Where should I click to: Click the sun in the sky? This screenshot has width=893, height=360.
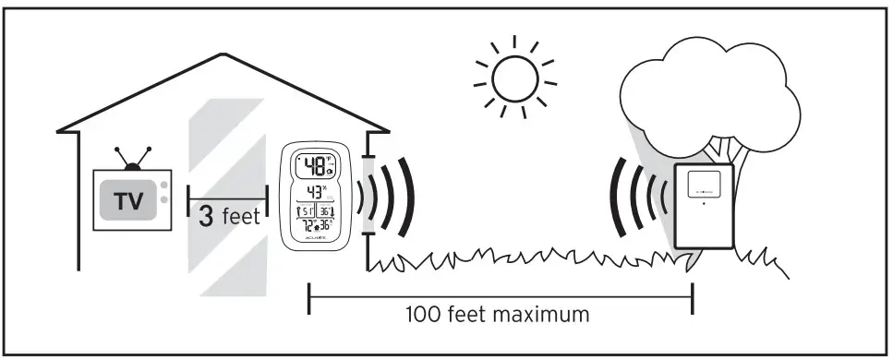point(514,78)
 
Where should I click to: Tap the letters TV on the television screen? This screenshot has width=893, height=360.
point(128,200)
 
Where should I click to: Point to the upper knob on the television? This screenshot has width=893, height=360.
point(164,186)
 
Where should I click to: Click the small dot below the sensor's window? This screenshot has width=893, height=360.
point(702,204)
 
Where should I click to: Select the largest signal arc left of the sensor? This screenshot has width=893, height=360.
point(616,199)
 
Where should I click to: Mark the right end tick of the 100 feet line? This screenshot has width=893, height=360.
point(692,298)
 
